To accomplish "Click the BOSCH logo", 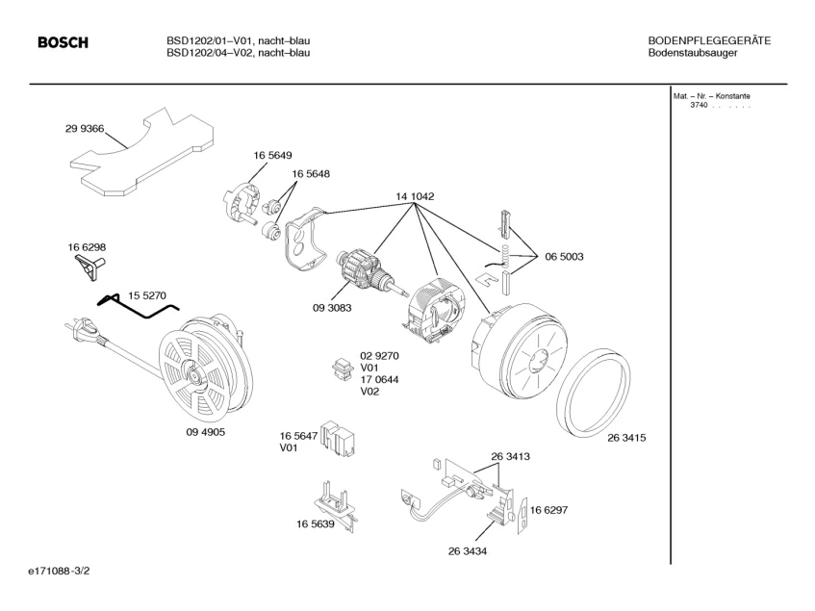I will (63, 42).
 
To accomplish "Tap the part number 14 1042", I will (415, 197).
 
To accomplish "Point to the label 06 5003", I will (564, 257).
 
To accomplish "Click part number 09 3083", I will (331, 308).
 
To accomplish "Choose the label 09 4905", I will (205, 432).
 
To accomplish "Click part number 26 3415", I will (625, 438).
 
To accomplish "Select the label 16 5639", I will (315, 524).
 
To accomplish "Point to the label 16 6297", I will (548, 510).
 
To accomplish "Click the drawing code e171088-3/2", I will (60, 572).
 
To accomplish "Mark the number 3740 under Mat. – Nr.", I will (698, 104).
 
